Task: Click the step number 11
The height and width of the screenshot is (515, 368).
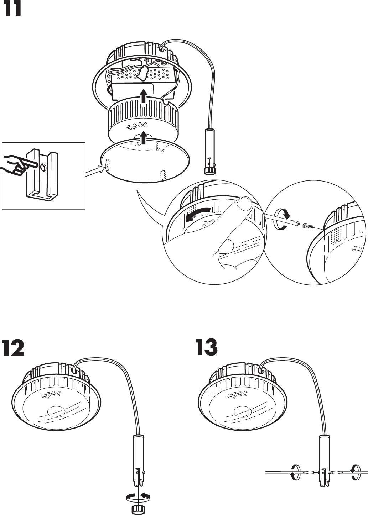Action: pos(13,11)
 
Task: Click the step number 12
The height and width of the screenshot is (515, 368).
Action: pos(14,348)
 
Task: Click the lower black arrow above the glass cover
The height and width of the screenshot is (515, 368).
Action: pos(144,138)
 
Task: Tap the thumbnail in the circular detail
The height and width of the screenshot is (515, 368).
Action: pos(245,205)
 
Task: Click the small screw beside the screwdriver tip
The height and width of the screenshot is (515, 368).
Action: pos(306,225)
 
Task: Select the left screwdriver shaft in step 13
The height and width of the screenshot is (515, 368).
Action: pos(285,473)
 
